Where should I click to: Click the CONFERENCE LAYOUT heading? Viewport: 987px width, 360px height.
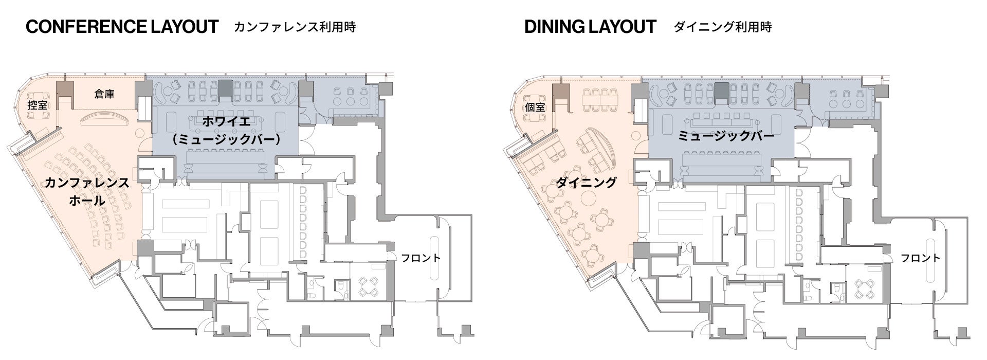(x=122, y=27)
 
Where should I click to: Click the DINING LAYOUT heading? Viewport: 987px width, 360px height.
(x=590, y=27)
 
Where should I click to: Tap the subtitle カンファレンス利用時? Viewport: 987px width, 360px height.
(x=295, y=27)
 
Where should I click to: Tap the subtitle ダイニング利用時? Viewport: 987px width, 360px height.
(x=723, y=27)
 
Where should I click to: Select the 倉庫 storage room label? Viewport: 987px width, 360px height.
(x=104, y=94)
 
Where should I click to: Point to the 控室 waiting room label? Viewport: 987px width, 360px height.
(x=38, y=105)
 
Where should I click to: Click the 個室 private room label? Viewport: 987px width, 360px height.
(x=535, y=107)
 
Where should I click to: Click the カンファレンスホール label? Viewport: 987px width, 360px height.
(x=87, y=191)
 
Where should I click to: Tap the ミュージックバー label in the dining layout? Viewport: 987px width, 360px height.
(x=726, y=136)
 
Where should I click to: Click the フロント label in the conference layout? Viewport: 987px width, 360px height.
(x=421, y=258)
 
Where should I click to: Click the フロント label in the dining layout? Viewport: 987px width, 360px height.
(x=920, y=258)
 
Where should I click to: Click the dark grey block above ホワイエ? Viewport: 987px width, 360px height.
(x=225, y=90)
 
